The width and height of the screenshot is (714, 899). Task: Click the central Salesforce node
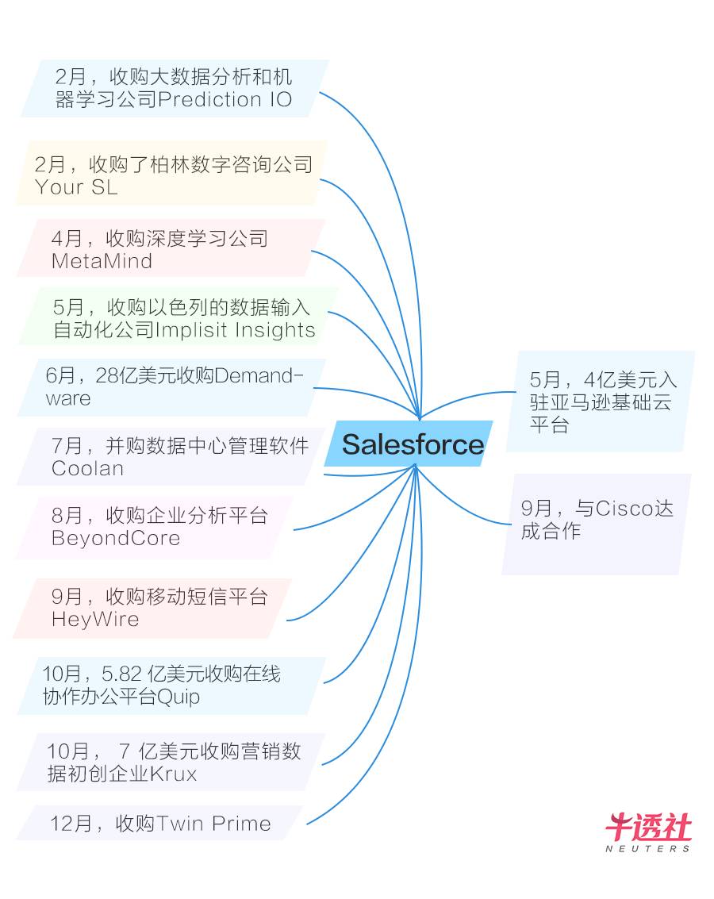click(412, 444)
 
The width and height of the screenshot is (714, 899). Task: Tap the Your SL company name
click(76, 187)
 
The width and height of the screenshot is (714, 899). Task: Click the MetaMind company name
click(102, 261)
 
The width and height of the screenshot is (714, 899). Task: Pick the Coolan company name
click(87, 468)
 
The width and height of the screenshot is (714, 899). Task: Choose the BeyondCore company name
click(116, 538)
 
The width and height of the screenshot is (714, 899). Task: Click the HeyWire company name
click(95, 619)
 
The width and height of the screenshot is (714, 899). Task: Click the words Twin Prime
click(214, 824)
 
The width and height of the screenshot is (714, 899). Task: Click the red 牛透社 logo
click(648, 828)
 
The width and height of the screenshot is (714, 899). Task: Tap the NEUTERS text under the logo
click(648, 848)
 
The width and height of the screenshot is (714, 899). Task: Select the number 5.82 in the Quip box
click(122, 674)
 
